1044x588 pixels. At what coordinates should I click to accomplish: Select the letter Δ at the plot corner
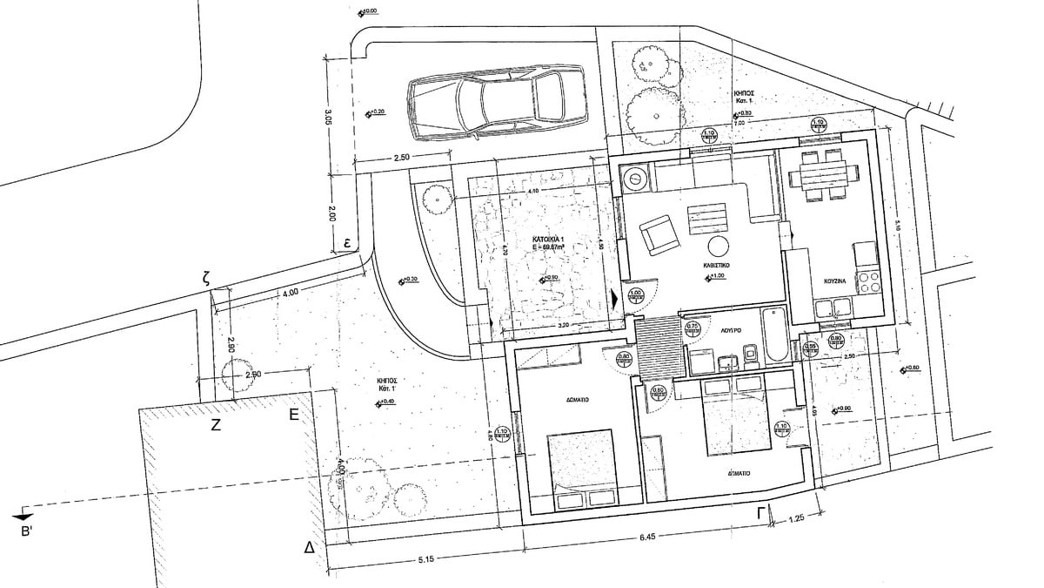click(x=308, y=548)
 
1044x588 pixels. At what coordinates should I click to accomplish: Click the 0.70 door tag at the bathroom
click(x=693, y=328)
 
